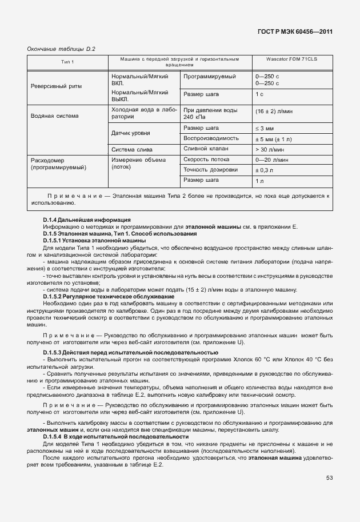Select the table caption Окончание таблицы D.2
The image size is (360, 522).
point(61,49)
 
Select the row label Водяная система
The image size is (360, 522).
point(55,115)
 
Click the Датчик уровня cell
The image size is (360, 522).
point(131,133)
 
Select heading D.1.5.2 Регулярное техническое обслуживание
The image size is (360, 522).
point(109,296)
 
